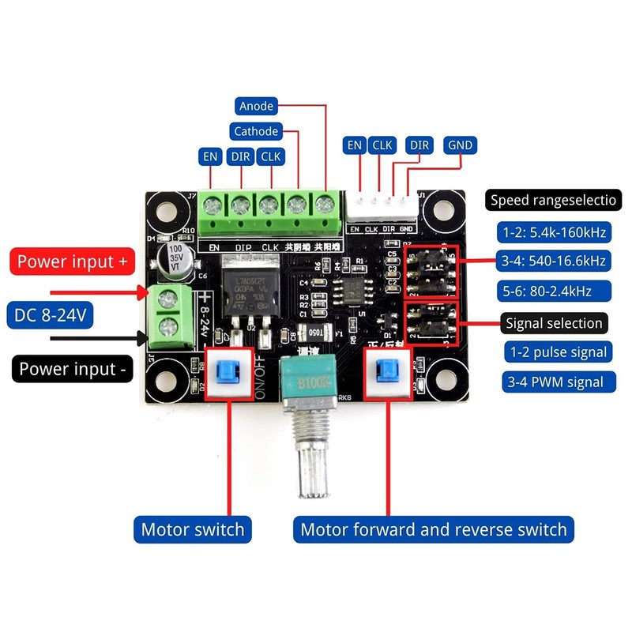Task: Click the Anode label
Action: [x=256, y=106]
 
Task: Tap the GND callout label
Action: [x=459, y=145]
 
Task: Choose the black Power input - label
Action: [x=71, y=369]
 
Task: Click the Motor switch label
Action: [x=193, y=529]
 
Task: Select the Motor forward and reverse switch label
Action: [x=434, y=529]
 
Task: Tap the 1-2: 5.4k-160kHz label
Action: [x=553, y=232]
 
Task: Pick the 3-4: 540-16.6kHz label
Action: [x=553, y=261]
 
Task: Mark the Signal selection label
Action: [x=554, y=322]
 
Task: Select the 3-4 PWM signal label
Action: [x=556, y=382]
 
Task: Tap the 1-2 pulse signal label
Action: [x=556, y=352]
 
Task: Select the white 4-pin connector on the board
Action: [x=382, y=207]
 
